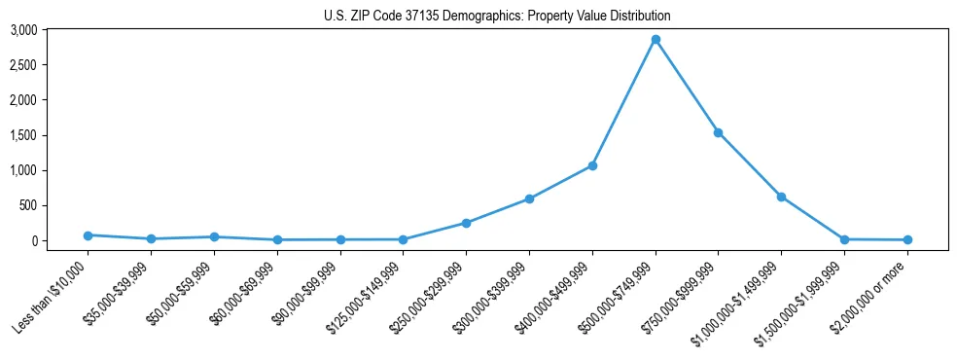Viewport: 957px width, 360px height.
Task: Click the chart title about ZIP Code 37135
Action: tap(497, 16)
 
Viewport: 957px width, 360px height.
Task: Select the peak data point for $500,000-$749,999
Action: tap(656, 40)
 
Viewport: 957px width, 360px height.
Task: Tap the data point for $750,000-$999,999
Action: tap(718, 132)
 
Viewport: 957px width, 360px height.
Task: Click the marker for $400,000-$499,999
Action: tap(592, 165)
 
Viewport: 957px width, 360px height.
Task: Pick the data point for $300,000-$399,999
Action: tap(529, 198)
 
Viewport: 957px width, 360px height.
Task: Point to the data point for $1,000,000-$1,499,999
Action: tap(781, 197)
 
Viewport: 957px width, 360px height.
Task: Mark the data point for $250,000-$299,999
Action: tap(466, 223)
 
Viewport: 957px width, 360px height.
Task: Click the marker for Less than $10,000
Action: tap(88, 235)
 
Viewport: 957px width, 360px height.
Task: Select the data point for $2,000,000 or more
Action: tap(907, 239)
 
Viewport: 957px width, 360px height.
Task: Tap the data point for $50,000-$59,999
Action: tap(214, 237)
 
